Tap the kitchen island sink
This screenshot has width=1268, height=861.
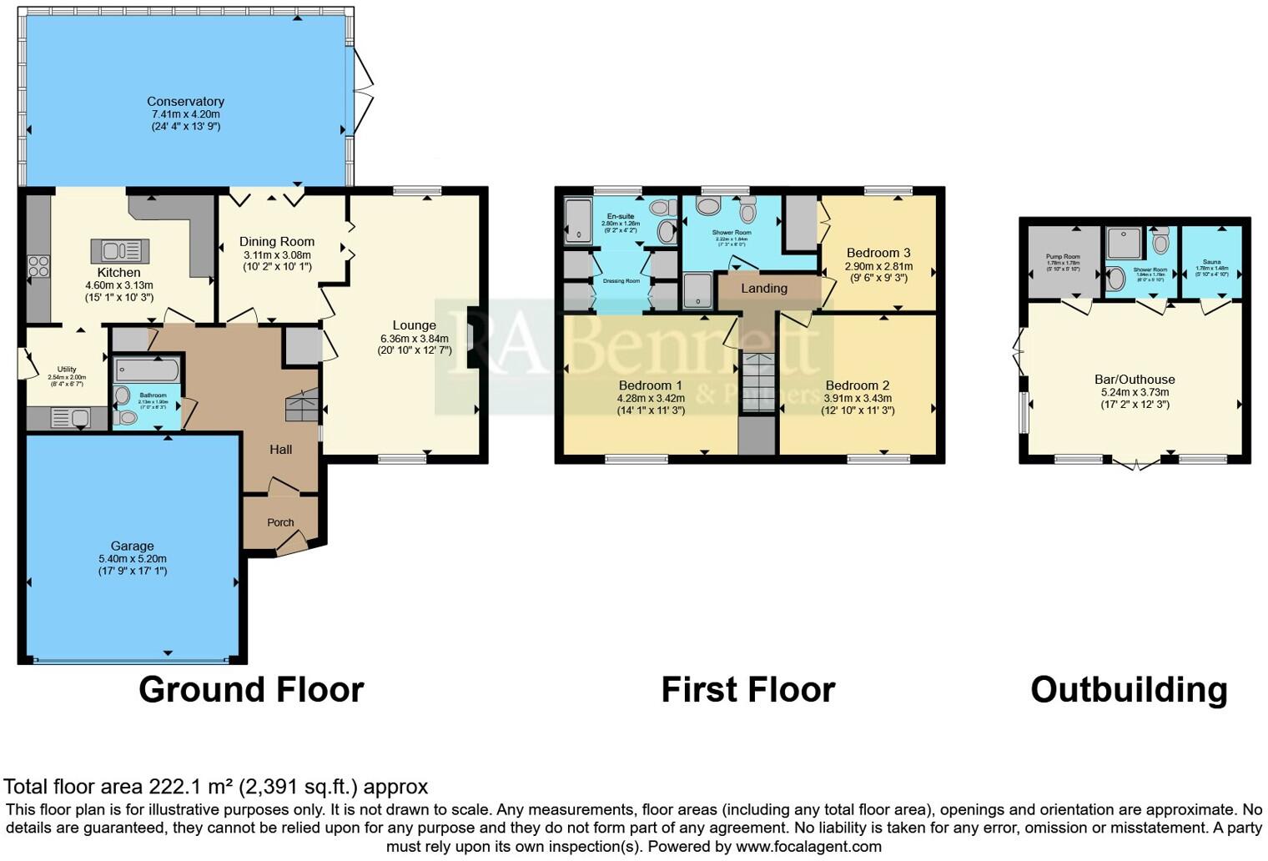(x=120, y=250)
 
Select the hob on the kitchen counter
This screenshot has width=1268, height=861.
(x=38, y=266)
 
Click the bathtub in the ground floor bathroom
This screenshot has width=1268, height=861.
(x=146, y=370)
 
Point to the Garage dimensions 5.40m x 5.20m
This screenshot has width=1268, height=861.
(x=132, y=559)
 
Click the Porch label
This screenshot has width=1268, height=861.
(x=280, y=522)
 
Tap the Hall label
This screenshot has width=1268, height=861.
(x=280, y=449)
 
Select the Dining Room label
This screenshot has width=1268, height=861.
(x=277, y=242)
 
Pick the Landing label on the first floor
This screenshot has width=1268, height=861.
(x=764, y=288)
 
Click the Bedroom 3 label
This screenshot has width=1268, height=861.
(x=878, y=253)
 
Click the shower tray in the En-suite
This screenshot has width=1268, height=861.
(x=577, y=220)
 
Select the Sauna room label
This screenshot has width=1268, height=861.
(x=1211, y=261)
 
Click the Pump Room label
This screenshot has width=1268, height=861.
(x=1063, y=257)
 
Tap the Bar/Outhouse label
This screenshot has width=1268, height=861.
(x=1135, y=380)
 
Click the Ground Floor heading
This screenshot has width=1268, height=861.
(x=250, y=690)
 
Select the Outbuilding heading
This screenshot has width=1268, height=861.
(x=1128, y=690)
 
